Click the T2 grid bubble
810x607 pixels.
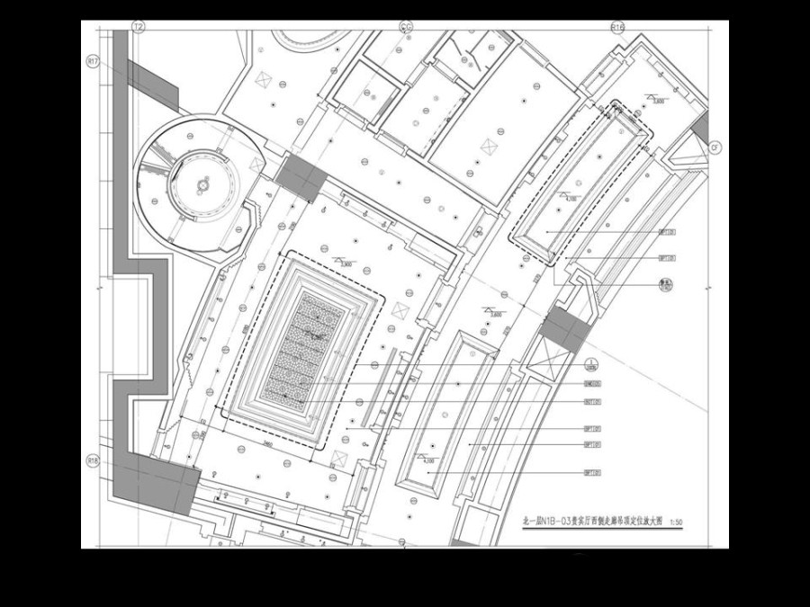point(139,28)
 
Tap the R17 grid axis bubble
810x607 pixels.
point(93,61)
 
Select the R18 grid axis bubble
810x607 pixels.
point(92,460)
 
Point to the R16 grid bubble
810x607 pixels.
point(617,28)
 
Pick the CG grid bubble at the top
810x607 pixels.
point(406,28)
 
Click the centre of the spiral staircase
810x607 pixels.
point(203,184)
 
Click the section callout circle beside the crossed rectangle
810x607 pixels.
point(591,363)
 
